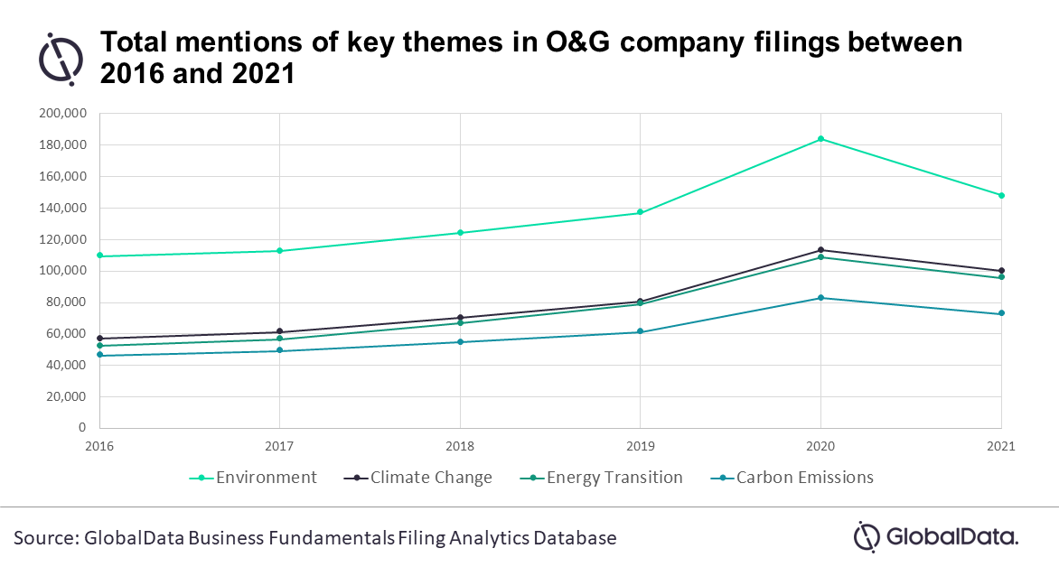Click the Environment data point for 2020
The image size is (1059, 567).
(820, 139)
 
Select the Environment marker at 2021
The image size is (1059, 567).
(1001, 195)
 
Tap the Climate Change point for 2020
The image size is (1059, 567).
(820, 250)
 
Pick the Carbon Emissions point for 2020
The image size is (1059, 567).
(820, 298)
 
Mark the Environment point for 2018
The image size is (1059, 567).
(460, 233)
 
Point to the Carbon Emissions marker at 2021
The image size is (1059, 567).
(1001, 313)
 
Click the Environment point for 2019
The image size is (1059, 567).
(640, 212)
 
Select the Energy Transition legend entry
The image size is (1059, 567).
(600, 478)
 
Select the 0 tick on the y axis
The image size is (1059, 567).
(82, 428)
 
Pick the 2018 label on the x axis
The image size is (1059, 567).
(460, 446)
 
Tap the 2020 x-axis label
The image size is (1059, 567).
(820, 446)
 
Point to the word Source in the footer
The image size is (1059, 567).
(44, 538)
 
